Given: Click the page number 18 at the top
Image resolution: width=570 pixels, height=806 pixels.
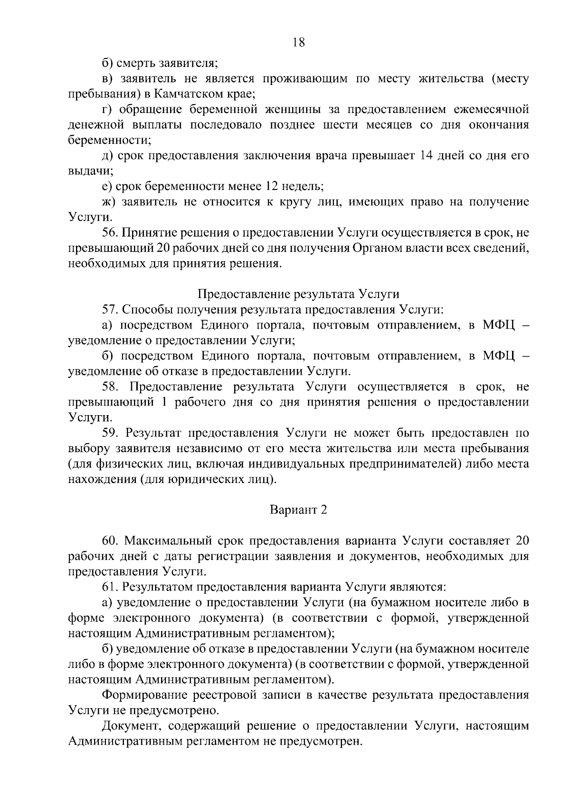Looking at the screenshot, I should pos(299,42).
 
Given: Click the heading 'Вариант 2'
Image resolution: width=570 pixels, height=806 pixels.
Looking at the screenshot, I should pos(299,510).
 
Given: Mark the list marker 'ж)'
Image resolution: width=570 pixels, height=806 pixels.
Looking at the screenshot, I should pos(109,202).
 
